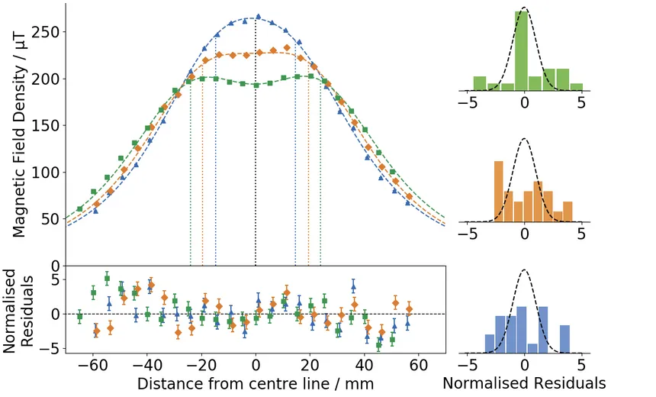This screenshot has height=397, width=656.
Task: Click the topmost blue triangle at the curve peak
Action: (258, 16)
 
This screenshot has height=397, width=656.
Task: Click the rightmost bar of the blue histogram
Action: (564, 339)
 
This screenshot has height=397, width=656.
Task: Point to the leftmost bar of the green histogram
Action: (479, 82)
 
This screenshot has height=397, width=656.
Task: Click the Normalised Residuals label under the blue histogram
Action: (524, 382)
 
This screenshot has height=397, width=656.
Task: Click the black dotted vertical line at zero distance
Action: (256, 153)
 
